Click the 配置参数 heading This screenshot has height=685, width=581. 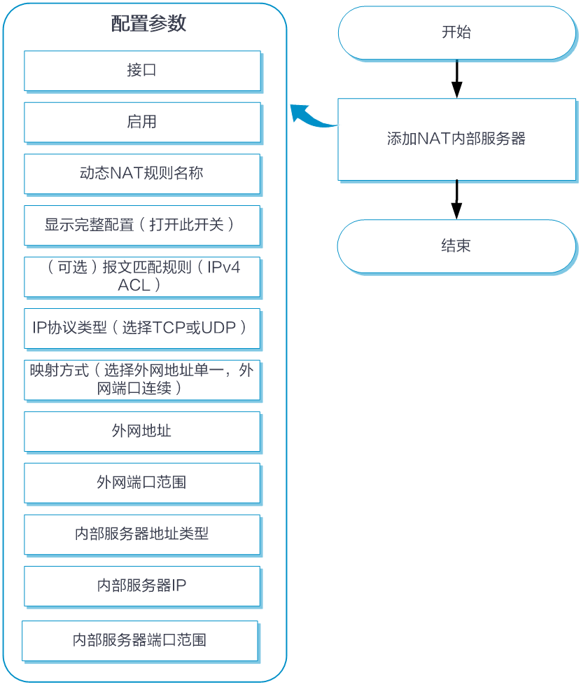click(148, 23)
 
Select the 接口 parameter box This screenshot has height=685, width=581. click(142, 71)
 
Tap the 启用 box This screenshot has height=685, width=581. click(142, 123)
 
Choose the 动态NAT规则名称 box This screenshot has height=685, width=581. click(142, 174)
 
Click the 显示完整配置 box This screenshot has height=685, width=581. click(142, 226)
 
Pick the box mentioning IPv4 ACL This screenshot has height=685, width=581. click(142, 277)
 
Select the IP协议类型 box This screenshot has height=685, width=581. click(142, 328)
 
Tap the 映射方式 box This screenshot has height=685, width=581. click(142, 380)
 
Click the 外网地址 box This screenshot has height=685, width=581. click(142, 431)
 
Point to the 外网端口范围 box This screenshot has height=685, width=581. click(142, 483)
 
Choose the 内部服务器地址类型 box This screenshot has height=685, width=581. click(142, 534)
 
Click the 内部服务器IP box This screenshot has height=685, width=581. click(142, 586)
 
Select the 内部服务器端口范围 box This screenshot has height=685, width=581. click(140, 641)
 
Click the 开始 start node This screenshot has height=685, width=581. click(457, 33)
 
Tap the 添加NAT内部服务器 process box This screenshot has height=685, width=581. click(457, 139)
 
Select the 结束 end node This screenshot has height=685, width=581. click(457, 247)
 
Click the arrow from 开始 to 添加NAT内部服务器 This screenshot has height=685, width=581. click(457, 79)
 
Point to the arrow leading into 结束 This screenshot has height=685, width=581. click(457, 200)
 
